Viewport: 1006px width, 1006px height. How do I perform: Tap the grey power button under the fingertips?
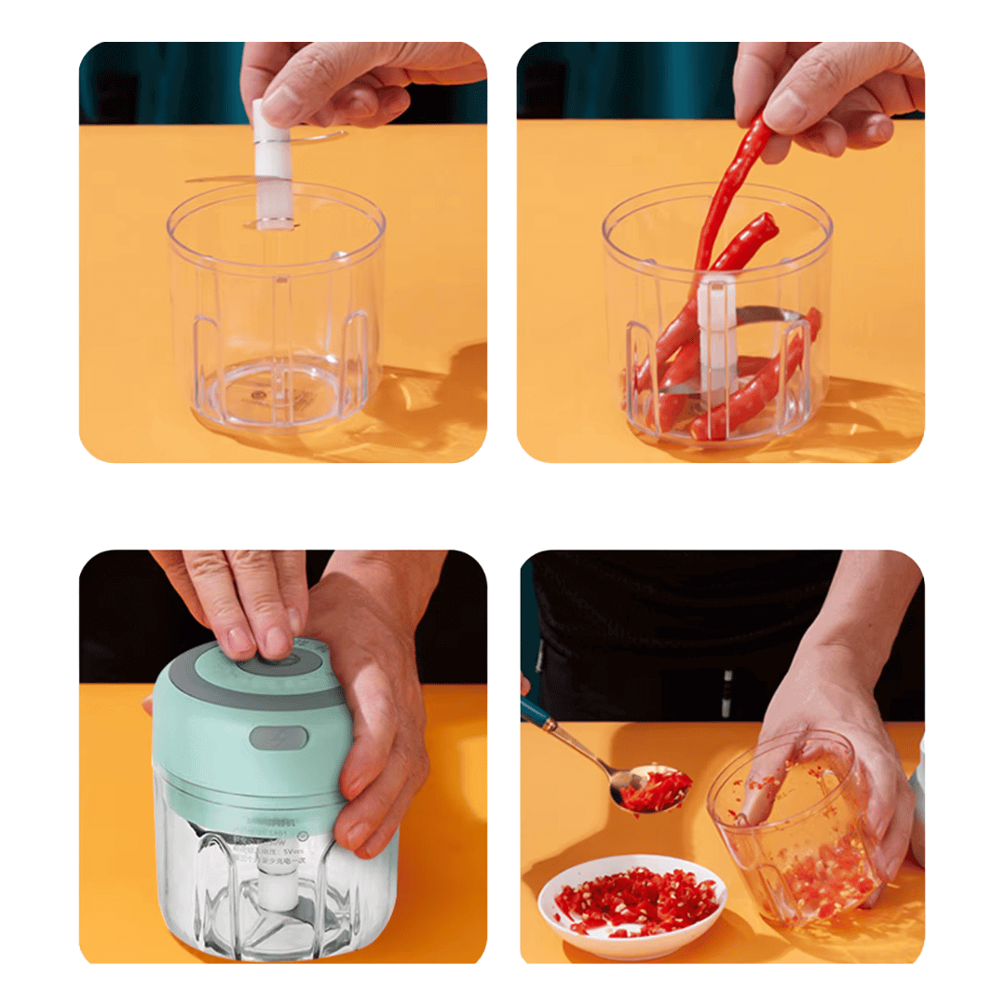pyautogui.click(x=279, y=663)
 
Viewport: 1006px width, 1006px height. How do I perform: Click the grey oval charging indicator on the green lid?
pyautogui.click(x=279, y=739)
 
